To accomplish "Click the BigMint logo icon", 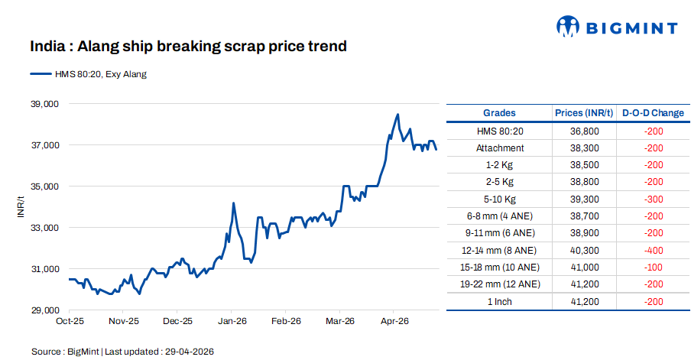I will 568,27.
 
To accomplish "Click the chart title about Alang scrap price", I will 188,47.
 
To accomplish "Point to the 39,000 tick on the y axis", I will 44,103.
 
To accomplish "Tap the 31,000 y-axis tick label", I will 44,269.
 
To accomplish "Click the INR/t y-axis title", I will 22,206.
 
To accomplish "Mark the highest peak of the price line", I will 397,115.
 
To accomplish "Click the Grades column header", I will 499,113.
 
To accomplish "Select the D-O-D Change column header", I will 653,113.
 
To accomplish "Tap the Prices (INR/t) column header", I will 584,113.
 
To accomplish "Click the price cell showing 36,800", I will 584,131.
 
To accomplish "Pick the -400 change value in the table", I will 653,250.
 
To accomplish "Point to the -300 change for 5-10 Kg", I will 653,199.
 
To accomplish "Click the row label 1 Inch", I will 499,301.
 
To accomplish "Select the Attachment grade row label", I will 499,148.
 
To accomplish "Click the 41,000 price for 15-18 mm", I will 584,267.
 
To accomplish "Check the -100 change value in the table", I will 653,267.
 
